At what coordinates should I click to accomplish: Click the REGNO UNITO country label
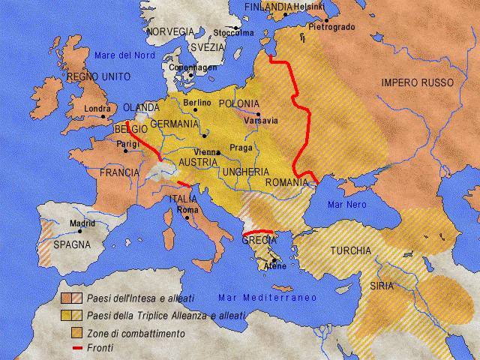point(98,76)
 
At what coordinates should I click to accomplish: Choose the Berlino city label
point(196,102)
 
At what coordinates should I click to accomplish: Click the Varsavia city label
point(262,120)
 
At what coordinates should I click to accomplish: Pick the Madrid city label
point(83,223)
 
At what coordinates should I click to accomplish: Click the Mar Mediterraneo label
point(267,297)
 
